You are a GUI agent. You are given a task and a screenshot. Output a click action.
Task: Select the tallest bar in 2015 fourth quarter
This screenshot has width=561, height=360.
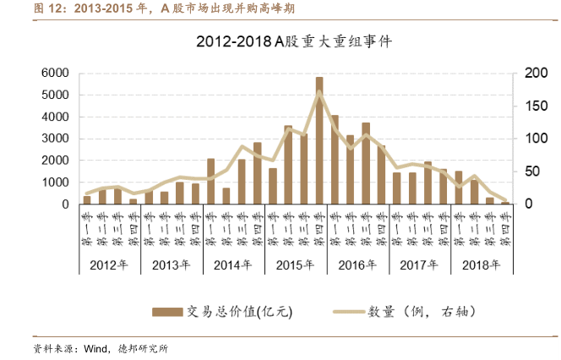pos(319,140)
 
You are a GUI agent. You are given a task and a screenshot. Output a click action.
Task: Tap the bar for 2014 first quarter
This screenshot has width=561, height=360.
pos(210,182)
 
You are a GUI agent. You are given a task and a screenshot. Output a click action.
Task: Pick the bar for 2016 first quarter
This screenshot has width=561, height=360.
pos(335,160)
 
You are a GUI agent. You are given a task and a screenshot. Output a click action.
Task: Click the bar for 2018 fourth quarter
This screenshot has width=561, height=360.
pos(505,203)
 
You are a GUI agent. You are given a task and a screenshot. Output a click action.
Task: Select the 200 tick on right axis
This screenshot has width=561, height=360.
pos(535,74)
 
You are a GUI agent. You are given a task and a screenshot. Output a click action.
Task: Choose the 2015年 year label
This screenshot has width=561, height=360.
pos(296,264)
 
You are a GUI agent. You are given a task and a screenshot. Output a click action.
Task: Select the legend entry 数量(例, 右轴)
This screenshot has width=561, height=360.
pos(414,311)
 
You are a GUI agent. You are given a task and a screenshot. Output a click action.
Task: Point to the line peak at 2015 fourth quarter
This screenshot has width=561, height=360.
pos(319,92)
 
